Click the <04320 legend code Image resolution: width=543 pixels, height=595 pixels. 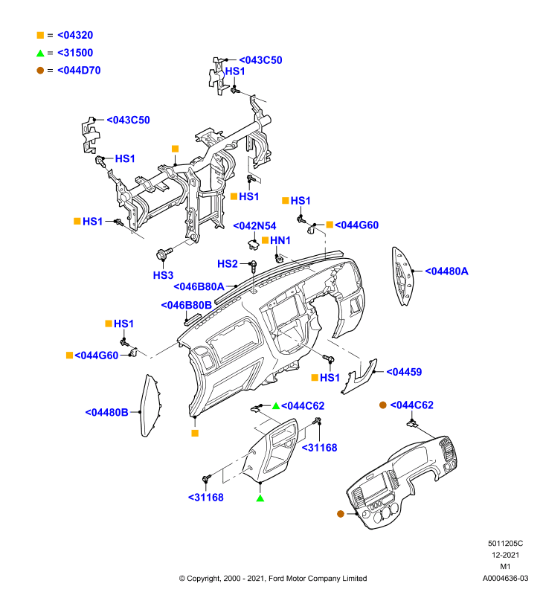coord(75,35)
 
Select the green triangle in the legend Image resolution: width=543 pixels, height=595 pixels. coord(40,53)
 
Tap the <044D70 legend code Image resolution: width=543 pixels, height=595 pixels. coord(79,71)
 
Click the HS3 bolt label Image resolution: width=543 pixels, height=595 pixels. coord(163,275)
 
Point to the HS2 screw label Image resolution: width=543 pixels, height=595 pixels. coord(228,264)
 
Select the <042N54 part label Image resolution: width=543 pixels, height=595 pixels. coord(254,226)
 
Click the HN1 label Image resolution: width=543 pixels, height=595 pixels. coord(280,240)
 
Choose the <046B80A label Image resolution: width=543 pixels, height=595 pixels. coord(199,286)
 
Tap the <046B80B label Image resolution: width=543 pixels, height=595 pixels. coord(186,305)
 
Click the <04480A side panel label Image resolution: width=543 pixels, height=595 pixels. coord(446,271)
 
